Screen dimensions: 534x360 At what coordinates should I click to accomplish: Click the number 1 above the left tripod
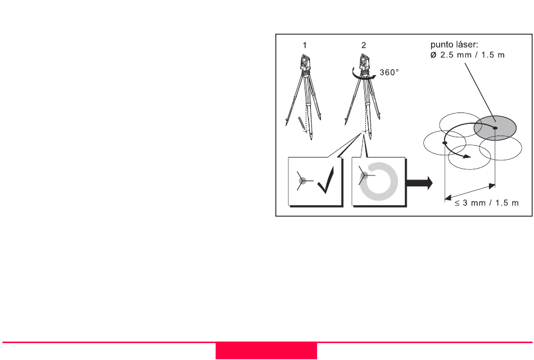coord(305,45)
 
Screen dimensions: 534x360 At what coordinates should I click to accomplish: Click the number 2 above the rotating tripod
coord(364,45)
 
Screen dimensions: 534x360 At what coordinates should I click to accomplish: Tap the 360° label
coord(389,72)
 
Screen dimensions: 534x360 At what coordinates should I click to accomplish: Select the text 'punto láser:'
coord(454,44)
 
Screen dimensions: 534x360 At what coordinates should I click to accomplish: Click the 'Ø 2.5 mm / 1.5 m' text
coord(467,55)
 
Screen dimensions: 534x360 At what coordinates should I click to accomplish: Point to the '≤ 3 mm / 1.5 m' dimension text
coord(487,203)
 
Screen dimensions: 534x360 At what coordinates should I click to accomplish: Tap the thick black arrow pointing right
coord(419,183)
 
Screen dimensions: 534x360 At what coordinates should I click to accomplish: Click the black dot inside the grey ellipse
coord(495,128)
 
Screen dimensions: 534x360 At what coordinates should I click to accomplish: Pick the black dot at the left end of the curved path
coord(445,143)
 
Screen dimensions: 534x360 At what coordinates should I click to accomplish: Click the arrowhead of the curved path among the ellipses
coord(467,156)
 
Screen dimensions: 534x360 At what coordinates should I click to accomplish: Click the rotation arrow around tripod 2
coord(364,75)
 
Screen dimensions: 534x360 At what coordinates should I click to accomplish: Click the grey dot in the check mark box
coord(302,181)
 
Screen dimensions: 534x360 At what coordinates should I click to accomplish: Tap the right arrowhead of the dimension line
coord(492,186)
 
